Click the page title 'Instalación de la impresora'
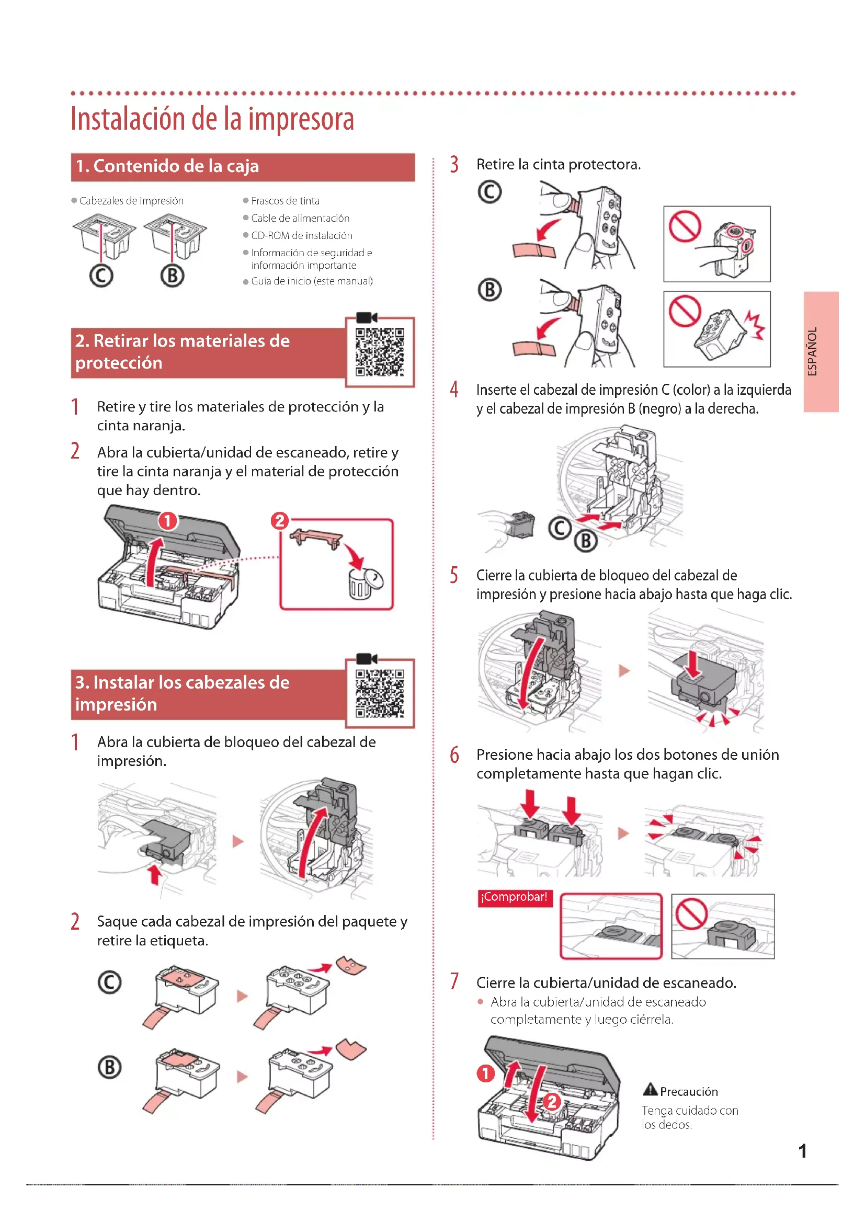click(212, 119)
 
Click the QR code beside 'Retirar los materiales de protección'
click(380, 352)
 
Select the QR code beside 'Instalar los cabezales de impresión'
click(380, 693)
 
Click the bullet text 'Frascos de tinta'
click(285, 201)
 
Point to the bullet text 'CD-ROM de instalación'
click(301, 235)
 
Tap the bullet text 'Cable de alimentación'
click(300, 218)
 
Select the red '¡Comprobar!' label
click(515, 898)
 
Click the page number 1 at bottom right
click(802, 1151)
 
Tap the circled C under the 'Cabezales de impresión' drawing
click(101, 276)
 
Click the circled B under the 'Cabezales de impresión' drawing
click(172, 276)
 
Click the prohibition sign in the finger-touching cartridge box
click(685, 226)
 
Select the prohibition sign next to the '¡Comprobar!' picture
click(691, 913)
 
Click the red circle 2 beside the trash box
click(280, 520)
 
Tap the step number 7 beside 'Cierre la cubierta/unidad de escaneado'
click(454, 981)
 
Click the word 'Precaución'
click(689, 1091)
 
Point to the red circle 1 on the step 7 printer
click(485, 1073)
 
